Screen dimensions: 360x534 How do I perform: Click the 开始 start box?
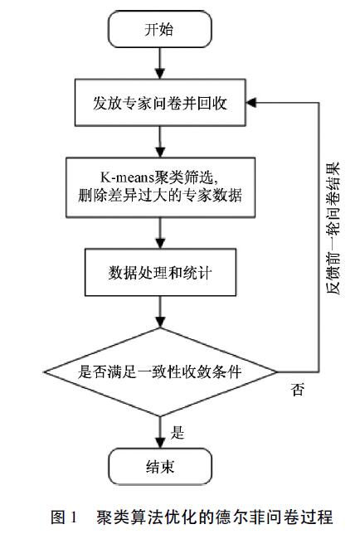[x=160, y=29]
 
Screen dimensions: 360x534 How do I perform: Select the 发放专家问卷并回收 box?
[x=160, y=103]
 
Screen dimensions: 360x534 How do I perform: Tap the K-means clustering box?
[x=160, y=187]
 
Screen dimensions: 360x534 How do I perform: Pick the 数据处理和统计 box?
[x=160, y=273]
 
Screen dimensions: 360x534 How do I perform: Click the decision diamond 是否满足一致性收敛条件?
[x=160, y=371]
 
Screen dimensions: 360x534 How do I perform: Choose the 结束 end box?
[x=160, y=466]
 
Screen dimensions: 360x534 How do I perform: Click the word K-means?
[x=127, y=177]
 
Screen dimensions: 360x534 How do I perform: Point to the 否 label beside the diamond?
[x=298, y=389]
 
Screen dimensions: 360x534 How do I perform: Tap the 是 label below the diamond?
[x=178, y=433]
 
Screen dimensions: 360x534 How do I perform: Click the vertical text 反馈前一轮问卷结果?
[x=333, y=228]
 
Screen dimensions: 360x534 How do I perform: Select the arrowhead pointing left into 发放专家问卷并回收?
[x=251, y=103]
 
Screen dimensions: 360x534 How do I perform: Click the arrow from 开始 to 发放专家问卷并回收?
[x=160, y=63]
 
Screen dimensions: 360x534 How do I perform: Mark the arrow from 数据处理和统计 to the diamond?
[x=160, y=312]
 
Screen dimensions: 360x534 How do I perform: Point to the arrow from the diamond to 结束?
[x=160, y=432]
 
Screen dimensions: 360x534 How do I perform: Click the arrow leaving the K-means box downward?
[x=160, y=233]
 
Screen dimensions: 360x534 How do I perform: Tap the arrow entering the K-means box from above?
[x=160, y=142]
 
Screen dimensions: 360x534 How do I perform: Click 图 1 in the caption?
[x=65, y=517]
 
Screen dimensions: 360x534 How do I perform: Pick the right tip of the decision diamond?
[x=277, y=371]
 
